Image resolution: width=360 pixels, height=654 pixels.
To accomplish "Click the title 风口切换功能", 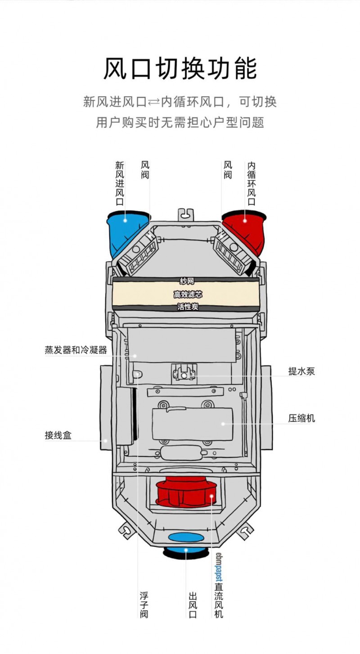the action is click(180, 69).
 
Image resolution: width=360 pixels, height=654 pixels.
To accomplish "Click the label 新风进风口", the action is click(120, 183).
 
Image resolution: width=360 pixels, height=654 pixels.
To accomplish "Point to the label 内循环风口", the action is click(252, 183).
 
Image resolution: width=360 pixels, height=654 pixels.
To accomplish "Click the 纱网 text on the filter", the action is click(187, 281).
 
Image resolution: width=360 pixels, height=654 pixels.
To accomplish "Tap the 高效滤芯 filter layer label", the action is click(188, 294).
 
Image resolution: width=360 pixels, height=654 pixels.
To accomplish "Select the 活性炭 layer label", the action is click(188, 307).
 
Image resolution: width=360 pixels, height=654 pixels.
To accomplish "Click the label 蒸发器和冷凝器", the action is click(76, 350).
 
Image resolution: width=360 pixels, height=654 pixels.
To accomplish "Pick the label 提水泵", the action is click(301, 371).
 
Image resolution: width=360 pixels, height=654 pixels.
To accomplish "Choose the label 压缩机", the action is click(301, 419).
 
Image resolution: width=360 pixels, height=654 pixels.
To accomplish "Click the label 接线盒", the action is click(58, 435).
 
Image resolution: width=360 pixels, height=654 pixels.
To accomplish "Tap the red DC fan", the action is click(186, 492).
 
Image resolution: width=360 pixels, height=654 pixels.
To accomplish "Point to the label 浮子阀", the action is click(144, 604).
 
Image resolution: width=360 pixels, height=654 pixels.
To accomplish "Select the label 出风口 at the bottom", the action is click(193, 604).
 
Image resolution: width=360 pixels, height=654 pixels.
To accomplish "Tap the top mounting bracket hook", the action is click(186, 215).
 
